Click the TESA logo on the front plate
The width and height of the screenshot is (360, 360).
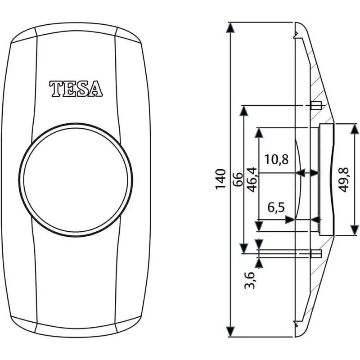click(76, 88)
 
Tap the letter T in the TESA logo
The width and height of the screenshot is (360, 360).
click(55, 89)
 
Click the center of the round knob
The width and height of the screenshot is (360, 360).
click(76, 180)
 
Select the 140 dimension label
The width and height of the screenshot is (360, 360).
click(220, 179)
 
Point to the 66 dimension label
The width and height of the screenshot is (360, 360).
click(238, 179)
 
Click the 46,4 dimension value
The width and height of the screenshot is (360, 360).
click(252, 180)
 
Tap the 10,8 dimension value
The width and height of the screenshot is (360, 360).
click(276, 159)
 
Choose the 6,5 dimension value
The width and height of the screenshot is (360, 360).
click(276, 207)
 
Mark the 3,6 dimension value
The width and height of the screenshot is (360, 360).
click(250, 280)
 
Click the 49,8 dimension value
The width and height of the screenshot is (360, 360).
click(344, 180)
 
